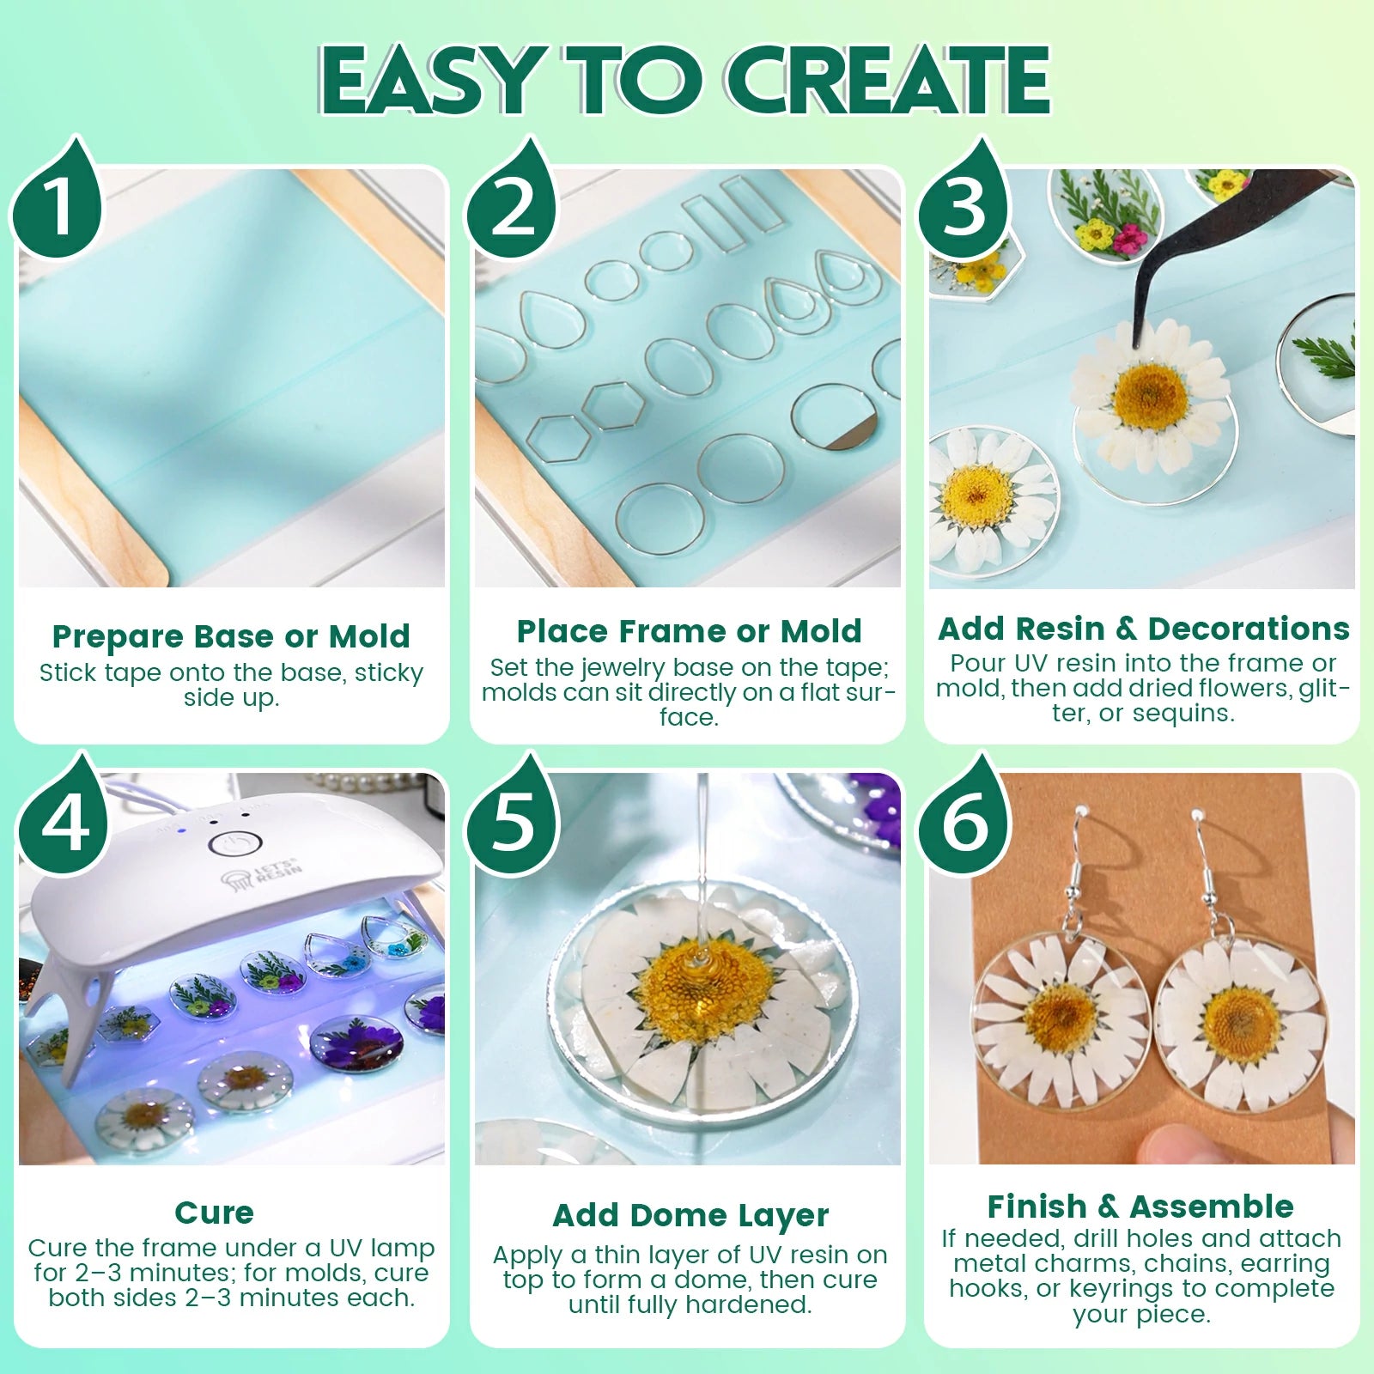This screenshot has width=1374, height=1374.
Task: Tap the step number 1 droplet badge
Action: tap(58, 206)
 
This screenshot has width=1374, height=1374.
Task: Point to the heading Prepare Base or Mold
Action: tap(231, 636)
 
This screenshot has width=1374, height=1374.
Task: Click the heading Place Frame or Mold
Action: tap(689, 631)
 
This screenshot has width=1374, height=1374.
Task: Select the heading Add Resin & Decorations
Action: tap(1143, 629)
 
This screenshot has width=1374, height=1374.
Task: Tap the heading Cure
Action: tap(214, 1212)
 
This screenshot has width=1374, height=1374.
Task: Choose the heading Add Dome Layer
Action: tap(690, 1215)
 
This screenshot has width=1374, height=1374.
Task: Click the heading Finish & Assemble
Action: tap(1140, 1207)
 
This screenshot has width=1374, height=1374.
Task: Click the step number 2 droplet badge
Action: tap(513, 206)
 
